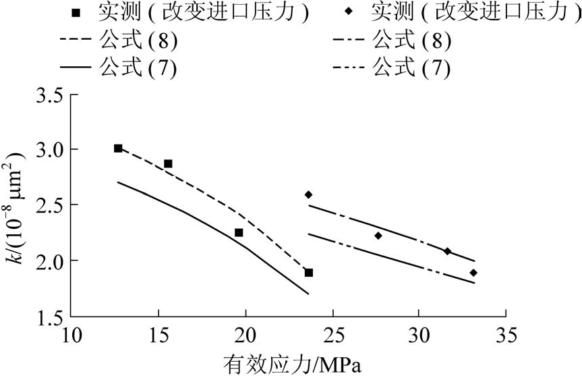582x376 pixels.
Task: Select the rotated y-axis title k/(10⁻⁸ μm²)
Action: point(19,205)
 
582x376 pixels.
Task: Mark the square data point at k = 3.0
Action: point(118,149)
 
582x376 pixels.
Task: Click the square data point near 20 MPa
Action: point(239,232)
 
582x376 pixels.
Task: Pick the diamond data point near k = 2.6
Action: point(309,194)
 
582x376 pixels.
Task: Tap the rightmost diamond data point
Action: point(473,273)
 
